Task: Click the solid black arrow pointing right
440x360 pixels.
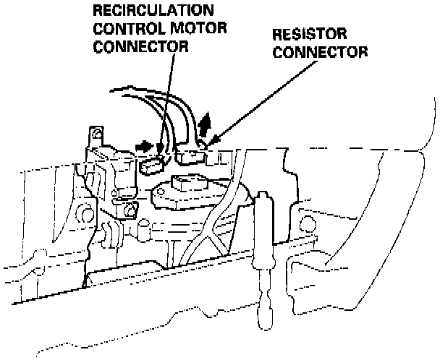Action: click(145, 146)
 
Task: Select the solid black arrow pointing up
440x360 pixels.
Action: click(205, 124)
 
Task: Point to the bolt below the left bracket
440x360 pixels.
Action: click(131, 210)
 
